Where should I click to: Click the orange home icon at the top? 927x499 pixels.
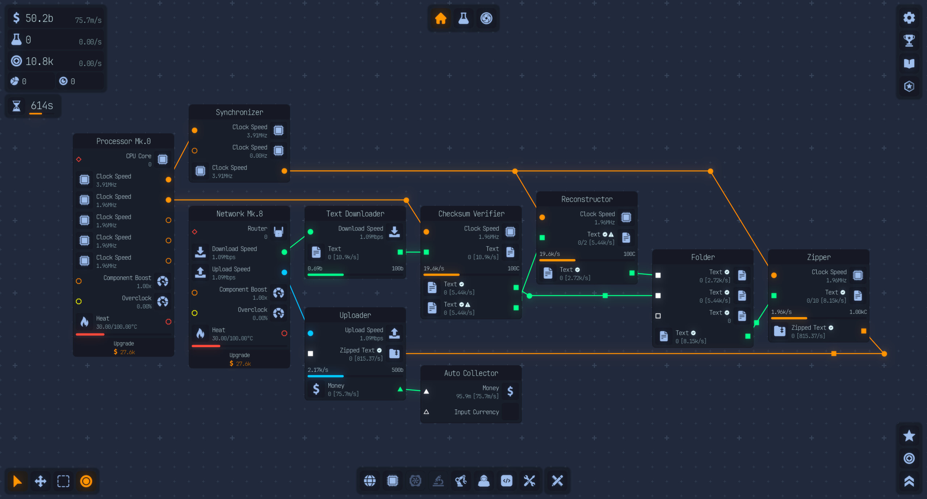coord(441,18)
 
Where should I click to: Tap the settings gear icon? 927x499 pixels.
coord(909,18)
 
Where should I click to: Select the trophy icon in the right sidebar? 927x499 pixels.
coord(909,41)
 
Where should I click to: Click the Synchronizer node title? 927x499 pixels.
coord(239,112)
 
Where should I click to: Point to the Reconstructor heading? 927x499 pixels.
coord(587,199)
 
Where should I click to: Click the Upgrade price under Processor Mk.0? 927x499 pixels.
coord(124,352)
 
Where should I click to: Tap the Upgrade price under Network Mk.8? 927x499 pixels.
coord(240,363)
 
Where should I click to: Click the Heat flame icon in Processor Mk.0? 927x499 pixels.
coord(84,322)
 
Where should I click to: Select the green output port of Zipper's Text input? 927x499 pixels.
coord(774,296)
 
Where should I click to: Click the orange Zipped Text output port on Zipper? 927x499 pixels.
coord(864,331)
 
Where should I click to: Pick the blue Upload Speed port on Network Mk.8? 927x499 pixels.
coord(284,273)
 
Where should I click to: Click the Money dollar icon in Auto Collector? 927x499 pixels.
coord(510,391)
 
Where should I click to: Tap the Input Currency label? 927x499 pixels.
coord(477,412)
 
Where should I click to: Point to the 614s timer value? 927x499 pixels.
coord(42,106)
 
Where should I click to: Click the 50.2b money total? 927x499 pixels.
coord(39,18)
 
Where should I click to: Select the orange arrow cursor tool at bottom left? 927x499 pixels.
coord(17,481)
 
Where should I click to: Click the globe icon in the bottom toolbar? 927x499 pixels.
coord(370,481)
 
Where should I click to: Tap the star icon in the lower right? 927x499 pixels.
coord(909,436)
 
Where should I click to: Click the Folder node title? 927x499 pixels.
coord(702,257)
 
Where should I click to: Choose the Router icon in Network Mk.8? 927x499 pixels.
coord(278,232)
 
